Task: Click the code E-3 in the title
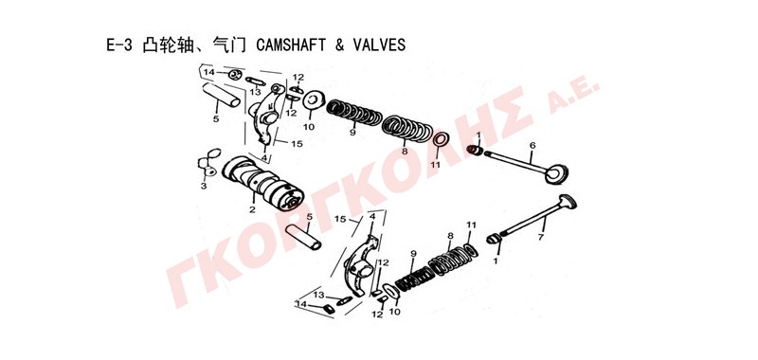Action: coord(118,45)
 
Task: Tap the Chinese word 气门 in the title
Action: coord(232,45)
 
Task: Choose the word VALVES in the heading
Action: coord(379,45)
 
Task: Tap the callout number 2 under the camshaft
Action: coord(252,209)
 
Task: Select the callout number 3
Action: coord(204,186)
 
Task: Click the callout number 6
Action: coord(532,145)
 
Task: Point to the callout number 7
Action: coord(541,237)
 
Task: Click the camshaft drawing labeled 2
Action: coord(263,182)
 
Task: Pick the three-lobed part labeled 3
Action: coord(208,162)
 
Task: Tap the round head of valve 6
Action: coord(556,174)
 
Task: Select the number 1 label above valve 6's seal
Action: coord(478,135)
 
